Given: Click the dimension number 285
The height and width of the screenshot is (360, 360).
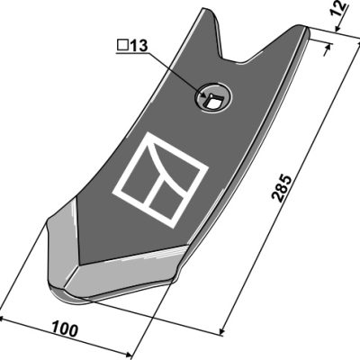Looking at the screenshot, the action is [281, 187].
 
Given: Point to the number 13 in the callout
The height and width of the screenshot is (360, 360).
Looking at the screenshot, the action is [139, 46].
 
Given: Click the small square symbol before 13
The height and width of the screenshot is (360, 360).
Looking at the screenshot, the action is [122, 46].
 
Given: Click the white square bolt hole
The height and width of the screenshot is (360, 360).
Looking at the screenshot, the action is [213, 101].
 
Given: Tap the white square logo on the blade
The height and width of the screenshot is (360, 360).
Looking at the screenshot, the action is [160, 179].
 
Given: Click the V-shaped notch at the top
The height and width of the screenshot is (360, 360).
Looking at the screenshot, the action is [233, 56].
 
